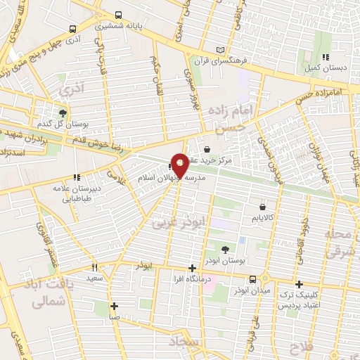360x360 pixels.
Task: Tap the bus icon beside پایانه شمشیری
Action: [117, 15]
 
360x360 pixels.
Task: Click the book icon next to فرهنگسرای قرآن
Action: [222, 50]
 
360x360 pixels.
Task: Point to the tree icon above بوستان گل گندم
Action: [63, 112]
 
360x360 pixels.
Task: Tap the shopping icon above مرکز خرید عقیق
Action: [207, 149]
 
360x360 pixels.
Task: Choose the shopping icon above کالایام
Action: [263, 207]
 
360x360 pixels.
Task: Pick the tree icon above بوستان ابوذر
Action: [224, 250]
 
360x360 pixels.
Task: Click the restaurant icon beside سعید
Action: [95, 268]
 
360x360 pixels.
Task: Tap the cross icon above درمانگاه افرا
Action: [192, 268]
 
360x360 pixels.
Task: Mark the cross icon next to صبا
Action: [115, 306]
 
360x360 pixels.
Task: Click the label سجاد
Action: [199, 342]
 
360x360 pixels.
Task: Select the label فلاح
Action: [306, 346]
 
